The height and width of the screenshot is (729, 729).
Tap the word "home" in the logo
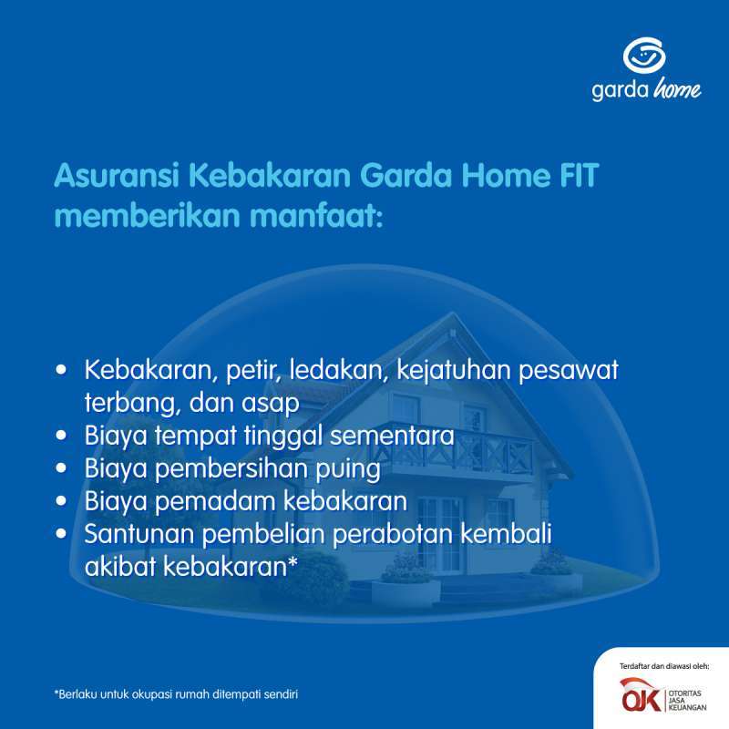pos(677,90)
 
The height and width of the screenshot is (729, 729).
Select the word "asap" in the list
pos(272,402)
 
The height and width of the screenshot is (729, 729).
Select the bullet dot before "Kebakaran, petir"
pos(61,371)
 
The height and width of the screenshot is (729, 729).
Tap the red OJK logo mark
pos(638,694)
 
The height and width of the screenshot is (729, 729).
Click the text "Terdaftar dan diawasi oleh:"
pos(663,666)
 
